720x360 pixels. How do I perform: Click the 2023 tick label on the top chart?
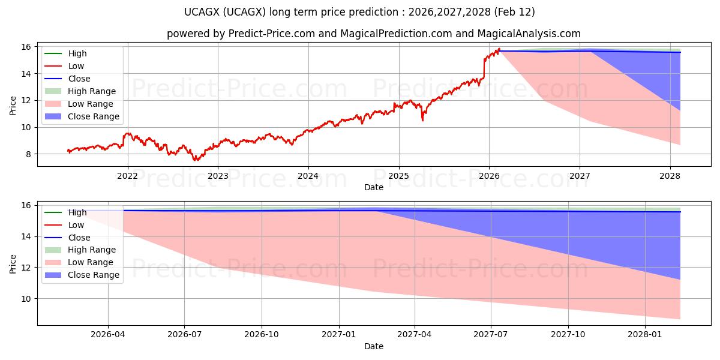[x=218, y=176]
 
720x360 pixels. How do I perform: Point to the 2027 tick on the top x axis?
[x=580, y=176]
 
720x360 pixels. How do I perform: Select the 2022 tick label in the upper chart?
[x=127, y=176]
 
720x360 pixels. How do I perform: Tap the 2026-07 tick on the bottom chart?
[x=184, y=335]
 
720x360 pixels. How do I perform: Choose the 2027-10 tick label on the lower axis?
[x=568, y=335]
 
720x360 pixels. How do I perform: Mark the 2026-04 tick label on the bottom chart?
[x=108, y=335]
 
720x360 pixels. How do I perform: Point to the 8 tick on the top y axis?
[x=28, y=154]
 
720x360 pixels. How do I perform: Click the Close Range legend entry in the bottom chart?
[x=94, y=275]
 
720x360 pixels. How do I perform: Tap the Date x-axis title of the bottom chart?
[x=373, y=346]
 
